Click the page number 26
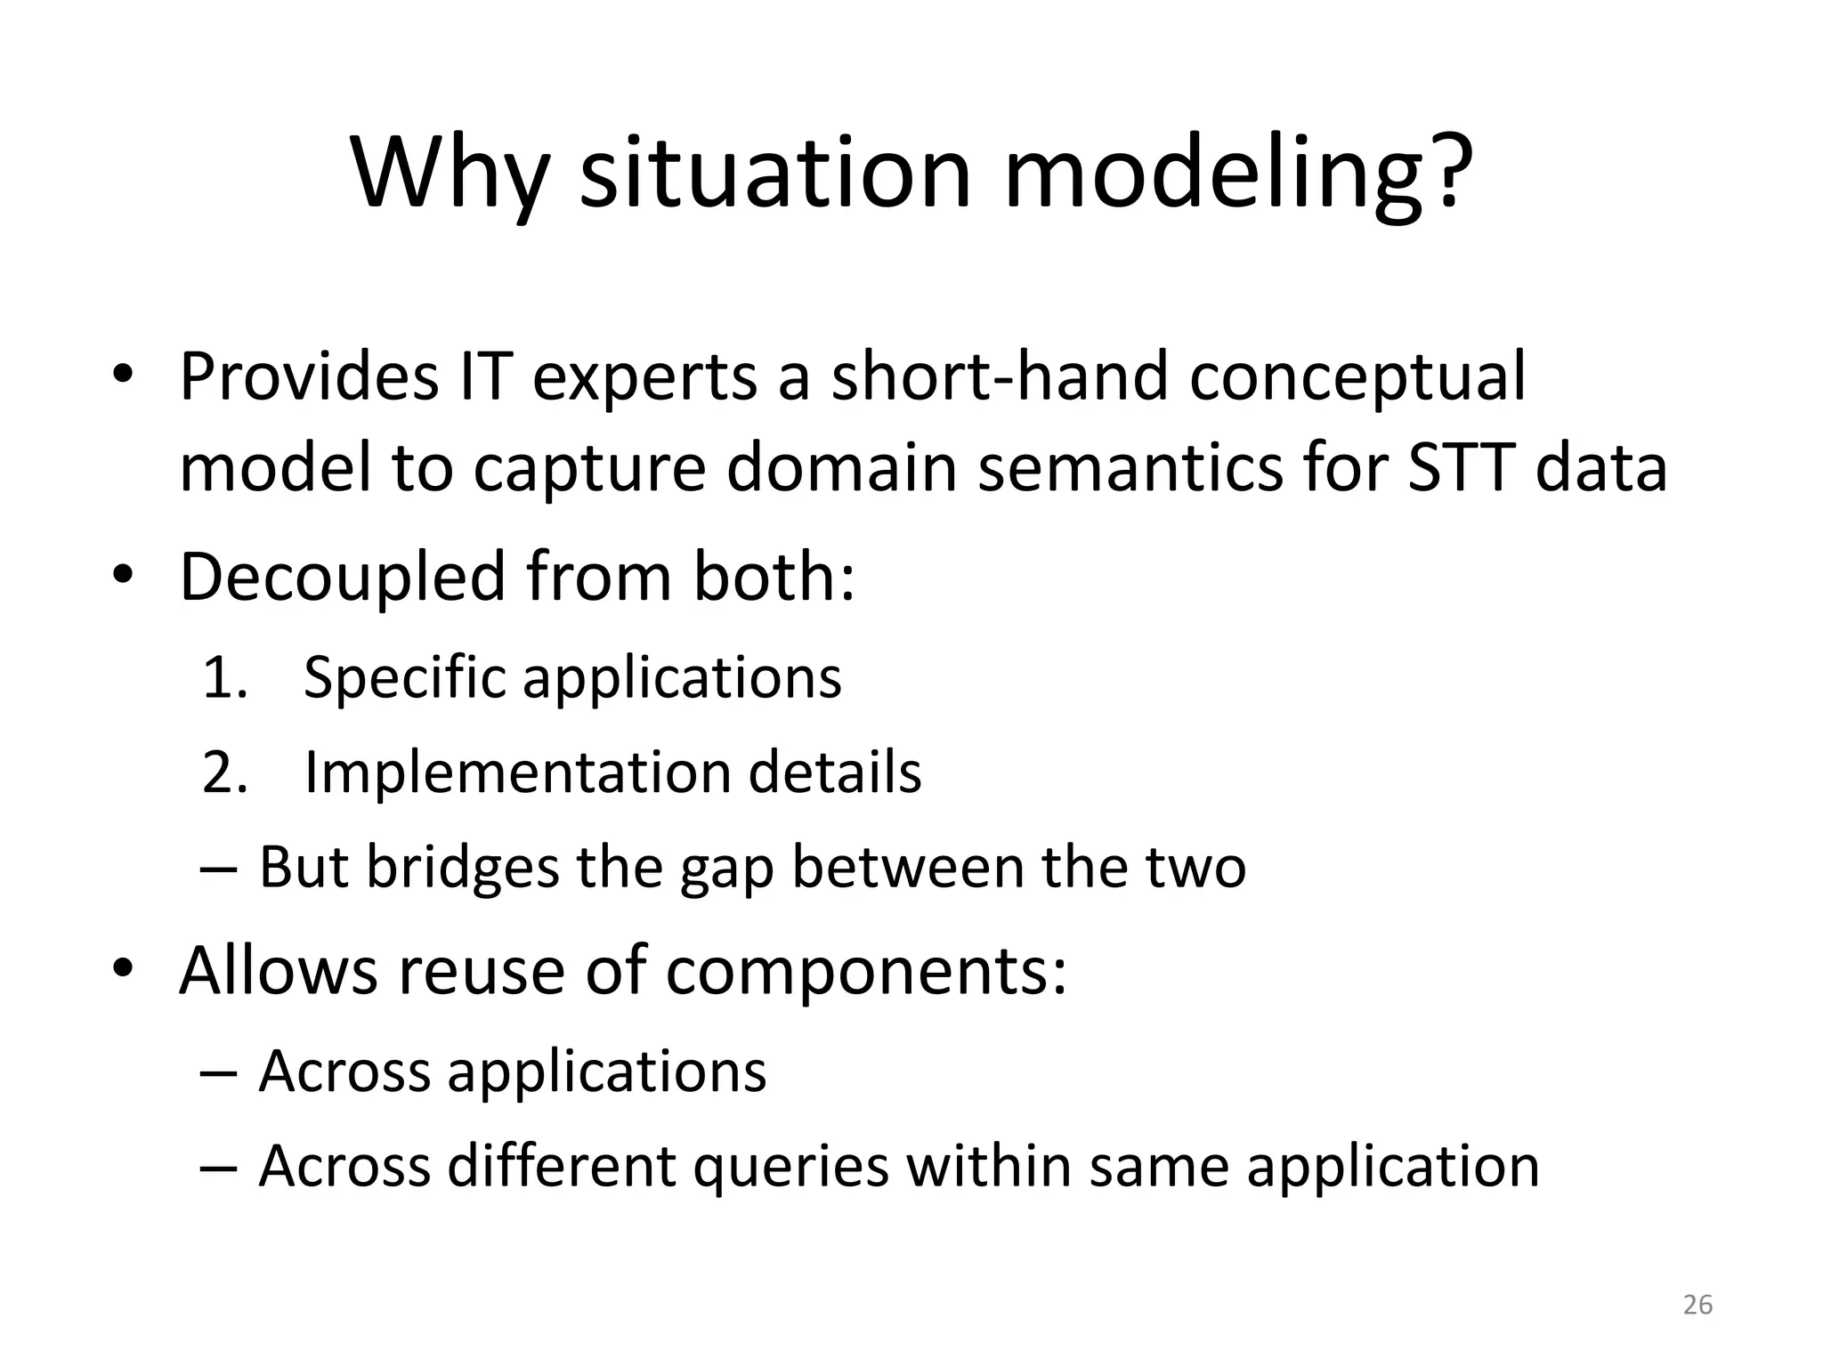[x=1697, y=1305]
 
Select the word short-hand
[x=999, y=376]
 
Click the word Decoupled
[x=344, y=578]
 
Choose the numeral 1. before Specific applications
[x=224, y=678]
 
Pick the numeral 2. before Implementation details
[x=224, y=772]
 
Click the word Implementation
[x=516, y=772]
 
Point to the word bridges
[x=463, y=868]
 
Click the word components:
[x=866, y=973]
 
